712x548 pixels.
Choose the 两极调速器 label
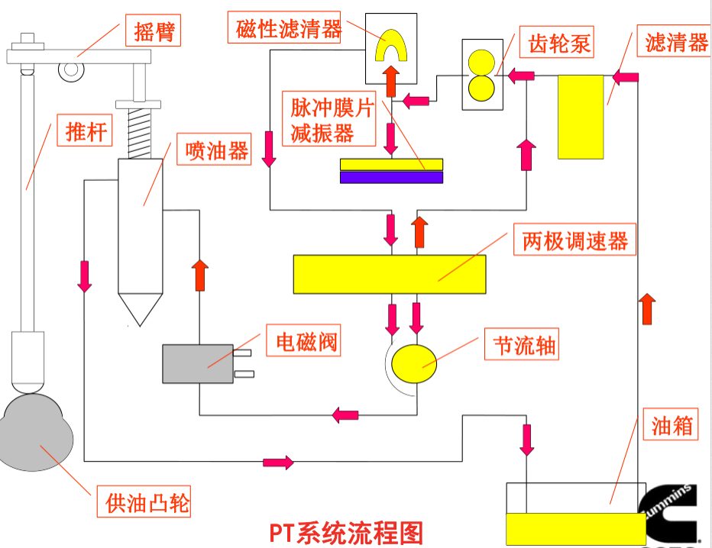[x=574, y=242]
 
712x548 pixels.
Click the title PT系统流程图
[x=345, y=533]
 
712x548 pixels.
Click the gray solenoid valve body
[x=197, y=363]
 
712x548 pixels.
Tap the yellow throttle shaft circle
[x=414, y=363]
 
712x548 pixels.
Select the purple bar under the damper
[x=391, y=177]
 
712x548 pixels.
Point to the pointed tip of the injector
[x=141, y=313]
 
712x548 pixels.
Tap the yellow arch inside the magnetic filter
[x=391, y=46]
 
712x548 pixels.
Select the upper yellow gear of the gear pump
[x=482, y=62]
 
